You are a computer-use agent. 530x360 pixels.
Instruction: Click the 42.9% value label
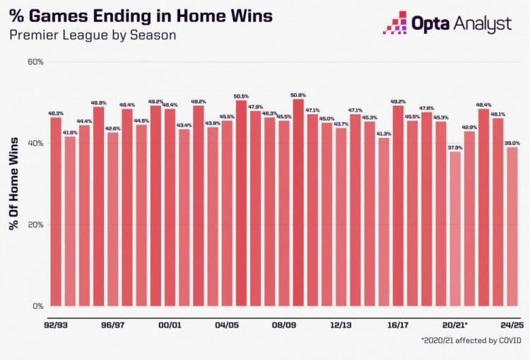[470, 127]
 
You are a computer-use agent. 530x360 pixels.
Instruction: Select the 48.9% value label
[98, 103]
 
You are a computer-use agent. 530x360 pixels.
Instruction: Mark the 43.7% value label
[341, 124]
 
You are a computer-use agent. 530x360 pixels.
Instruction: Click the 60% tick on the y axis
[35, 62]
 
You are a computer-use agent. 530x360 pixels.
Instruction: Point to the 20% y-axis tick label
[35, 225]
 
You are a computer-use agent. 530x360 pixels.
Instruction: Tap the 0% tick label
[38, 306]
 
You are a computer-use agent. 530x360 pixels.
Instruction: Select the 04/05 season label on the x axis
[227, 325]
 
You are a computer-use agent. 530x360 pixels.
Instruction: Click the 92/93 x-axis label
[56, 325]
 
